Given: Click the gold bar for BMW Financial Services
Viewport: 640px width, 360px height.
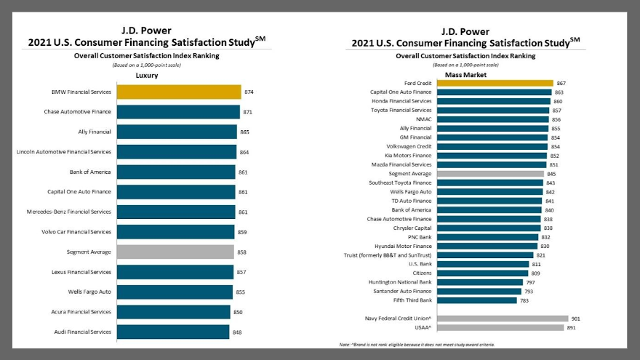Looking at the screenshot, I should coord(178,92).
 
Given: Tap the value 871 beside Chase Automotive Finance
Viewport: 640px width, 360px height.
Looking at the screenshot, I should coord(248,112).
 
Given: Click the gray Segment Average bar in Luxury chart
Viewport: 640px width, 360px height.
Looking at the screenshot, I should coord(175,252).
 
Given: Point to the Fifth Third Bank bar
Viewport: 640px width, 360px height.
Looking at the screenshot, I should coord(476,300).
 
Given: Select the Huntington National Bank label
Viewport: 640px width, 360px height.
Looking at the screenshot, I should coord(401,282).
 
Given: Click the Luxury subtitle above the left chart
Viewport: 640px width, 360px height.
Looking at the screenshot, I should coord(147,75).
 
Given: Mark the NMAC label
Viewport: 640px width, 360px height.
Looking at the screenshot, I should coord(423,119).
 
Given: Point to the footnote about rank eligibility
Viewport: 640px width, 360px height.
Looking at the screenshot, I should coord(417,344).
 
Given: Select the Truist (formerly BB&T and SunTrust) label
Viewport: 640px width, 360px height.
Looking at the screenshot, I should coord(388,255).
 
